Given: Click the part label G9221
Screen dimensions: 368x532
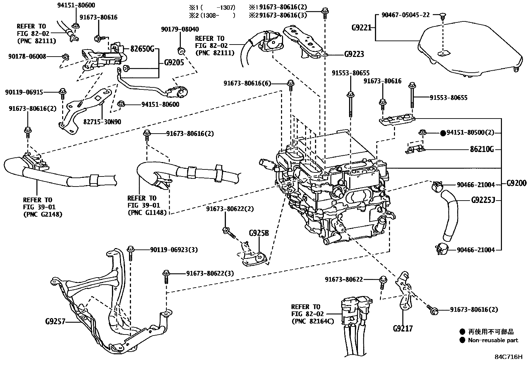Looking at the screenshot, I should point(362,28).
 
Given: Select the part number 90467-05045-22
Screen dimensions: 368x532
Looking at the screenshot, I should point(405,15).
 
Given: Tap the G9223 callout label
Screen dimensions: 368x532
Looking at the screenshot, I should point(354,54).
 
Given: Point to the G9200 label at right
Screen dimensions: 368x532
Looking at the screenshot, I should point(516,183).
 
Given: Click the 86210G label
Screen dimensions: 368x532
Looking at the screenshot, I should point(482,149).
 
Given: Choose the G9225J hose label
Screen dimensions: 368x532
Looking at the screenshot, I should point(483,201).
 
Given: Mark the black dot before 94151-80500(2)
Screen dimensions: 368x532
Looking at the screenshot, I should point(443,133).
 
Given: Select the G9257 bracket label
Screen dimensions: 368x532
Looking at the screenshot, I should point(55,322).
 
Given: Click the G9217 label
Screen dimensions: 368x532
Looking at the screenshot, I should point(403,328).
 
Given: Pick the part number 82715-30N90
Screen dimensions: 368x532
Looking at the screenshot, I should point(102,122).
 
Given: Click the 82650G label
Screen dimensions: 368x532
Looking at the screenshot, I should point(142,50).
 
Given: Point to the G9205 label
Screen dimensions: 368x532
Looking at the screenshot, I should point(174,62).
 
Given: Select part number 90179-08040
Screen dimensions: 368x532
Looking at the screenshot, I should point(179,29).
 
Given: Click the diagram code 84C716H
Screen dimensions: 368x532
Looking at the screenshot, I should point(508,357).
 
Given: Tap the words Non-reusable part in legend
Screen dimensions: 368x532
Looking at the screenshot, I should point(493,340).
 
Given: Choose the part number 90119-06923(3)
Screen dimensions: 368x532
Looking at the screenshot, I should point(173,249).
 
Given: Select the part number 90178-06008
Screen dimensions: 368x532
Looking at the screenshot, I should point(27,57).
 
